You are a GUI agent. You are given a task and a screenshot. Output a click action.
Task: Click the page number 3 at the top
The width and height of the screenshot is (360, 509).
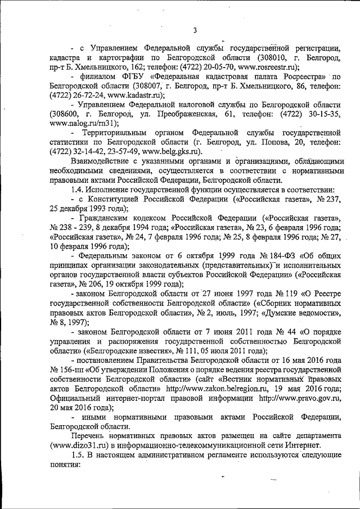pos(194,30)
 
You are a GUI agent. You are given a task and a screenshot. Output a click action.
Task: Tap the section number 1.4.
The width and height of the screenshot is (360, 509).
pos(80,191)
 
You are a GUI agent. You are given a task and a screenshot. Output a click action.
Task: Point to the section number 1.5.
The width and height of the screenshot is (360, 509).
pos(80,457)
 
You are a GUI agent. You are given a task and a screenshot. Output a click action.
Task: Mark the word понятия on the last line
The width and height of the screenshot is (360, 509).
pos(65,466)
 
